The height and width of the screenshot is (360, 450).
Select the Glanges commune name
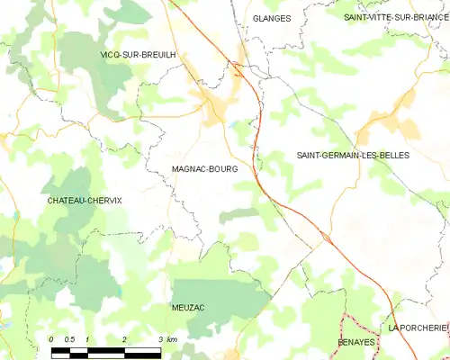click(271, 17)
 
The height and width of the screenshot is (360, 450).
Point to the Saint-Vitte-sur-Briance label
click(396, 17)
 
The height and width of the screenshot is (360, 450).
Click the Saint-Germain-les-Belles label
click(353, 155)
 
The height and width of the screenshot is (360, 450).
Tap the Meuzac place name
click(188, 307)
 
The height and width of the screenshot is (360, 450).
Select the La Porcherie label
click(417, 328)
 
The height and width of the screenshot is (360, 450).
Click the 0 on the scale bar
click(52, 338)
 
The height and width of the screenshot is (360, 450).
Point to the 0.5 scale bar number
click(69, 338)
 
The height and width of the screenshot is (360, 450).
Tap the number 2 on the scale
click(124, 338)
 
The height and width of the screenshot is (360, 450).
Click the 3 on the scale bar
click(160, 338)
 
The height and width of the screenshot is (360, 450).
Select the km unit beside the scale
click(172, 338)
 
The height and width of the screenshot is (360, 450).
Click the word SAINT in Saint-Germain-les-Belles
click(310, 155)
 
